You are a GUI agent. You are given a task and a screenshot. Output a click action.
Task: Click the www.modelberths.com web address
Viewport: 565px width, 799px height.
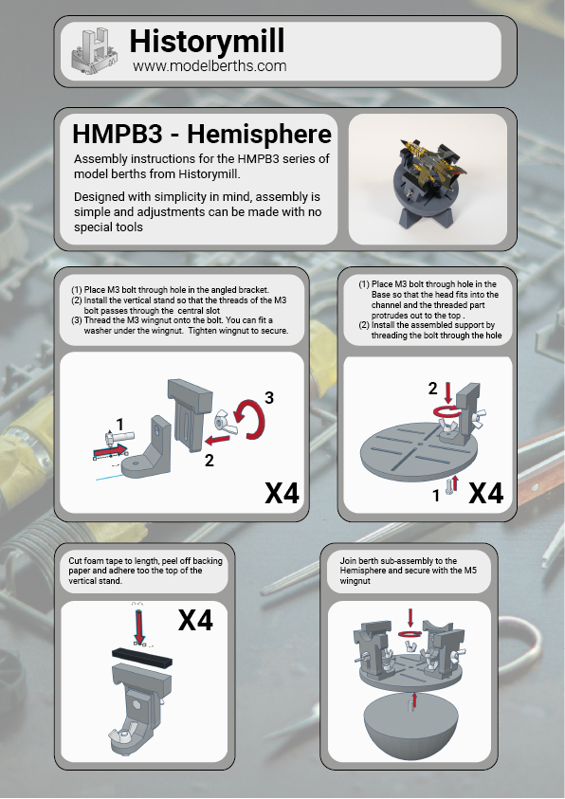(210, 65)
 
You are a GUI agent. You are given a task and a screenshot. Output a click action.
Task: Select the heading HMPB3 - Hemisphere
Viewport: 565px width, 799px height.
(202, 134)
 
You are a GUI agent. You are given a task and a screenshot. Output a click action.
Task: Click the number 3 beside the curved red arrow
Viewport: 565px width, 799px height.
(269, 397)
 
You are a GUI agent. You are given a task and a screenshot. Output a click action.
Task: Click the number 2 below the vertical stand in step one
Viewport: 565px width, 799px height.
(209, 460)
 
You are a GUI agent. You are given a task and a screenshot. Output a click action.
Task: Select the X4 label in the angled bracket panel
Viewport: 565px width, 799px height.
(282, 493)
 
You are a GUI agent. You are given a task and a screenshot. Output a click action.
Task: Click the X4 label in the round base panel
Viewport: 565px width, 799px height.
(485, 493)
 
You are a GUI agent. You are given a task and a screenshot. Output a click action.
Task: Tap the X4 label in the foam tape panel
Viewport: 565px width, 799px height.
(195, 620)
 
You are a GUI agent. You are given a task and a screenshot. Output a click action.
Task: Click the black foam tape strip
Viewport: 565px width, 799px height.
(142, 658)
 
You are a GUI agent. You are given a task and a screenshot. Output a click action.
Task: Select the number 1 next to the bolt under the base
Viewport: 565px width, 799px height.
(435, 496)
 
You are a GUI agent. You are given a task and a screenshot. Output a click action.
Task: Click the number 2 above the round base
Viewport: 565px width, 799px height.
(432, 389)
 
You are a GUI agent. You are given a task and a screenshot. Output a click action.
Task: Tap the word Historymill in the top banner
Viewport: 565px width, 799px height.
(207, 42)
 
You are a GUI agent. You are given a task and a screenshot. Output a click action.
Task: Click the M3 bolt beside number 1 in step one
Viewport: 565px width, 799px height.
(119, 437)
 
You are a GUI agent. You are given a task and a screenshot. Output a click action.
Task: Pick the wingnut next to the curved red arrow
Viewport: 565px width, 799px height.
(227, 422)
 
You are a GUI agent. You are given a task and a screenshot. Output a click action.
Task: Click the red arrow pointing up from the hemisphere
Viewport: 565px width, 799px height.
(414, 699)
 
